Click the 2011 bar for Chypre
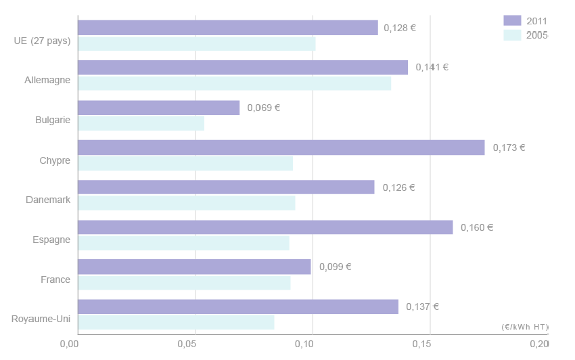pyautogui.click(x=281, y=148)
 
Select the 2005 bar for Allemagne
pyautogui.click(x=234, y=83)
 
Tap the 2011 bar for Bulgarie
pyautogui.click(x=158, y=108)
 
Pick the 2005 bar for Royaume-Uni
pyautogui.click(x=176, y=323)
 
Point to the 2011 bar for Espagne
pyautogui.click(x=265, y=227)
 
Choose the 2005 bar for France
pyautogui.click(x=184, y=283)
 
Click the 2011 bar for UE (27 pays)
pyautogui.click(x=227, y=28)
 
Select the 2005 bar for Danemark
pyautogui.click(x=186, y=203)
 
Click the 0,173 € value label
pyautogui.click(x=509, y=148)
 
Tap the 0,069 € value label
pyautogui.click(x=264, y=108)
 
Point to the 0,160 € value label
pyautogui.click(x=477, y=227)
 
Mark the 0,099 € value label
pyautogui.click(x=335, y=267)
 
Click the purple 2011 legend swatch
pyautogui.click(x=512, y=20)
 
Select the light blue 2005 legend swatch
pyautogui.click(x=512, y=35)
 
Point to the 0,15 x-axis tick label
pyautogui.click(x=421, y=344)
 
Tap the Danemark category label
pyautogui.click(x=48, y=200)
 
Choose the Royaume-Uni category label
pyautogui.click(x=41, y=319)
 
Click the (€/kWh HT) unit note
pyautogui.click(x=525, y=327)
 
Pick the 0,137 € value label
pyautogui.click(x=422, y=307)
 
